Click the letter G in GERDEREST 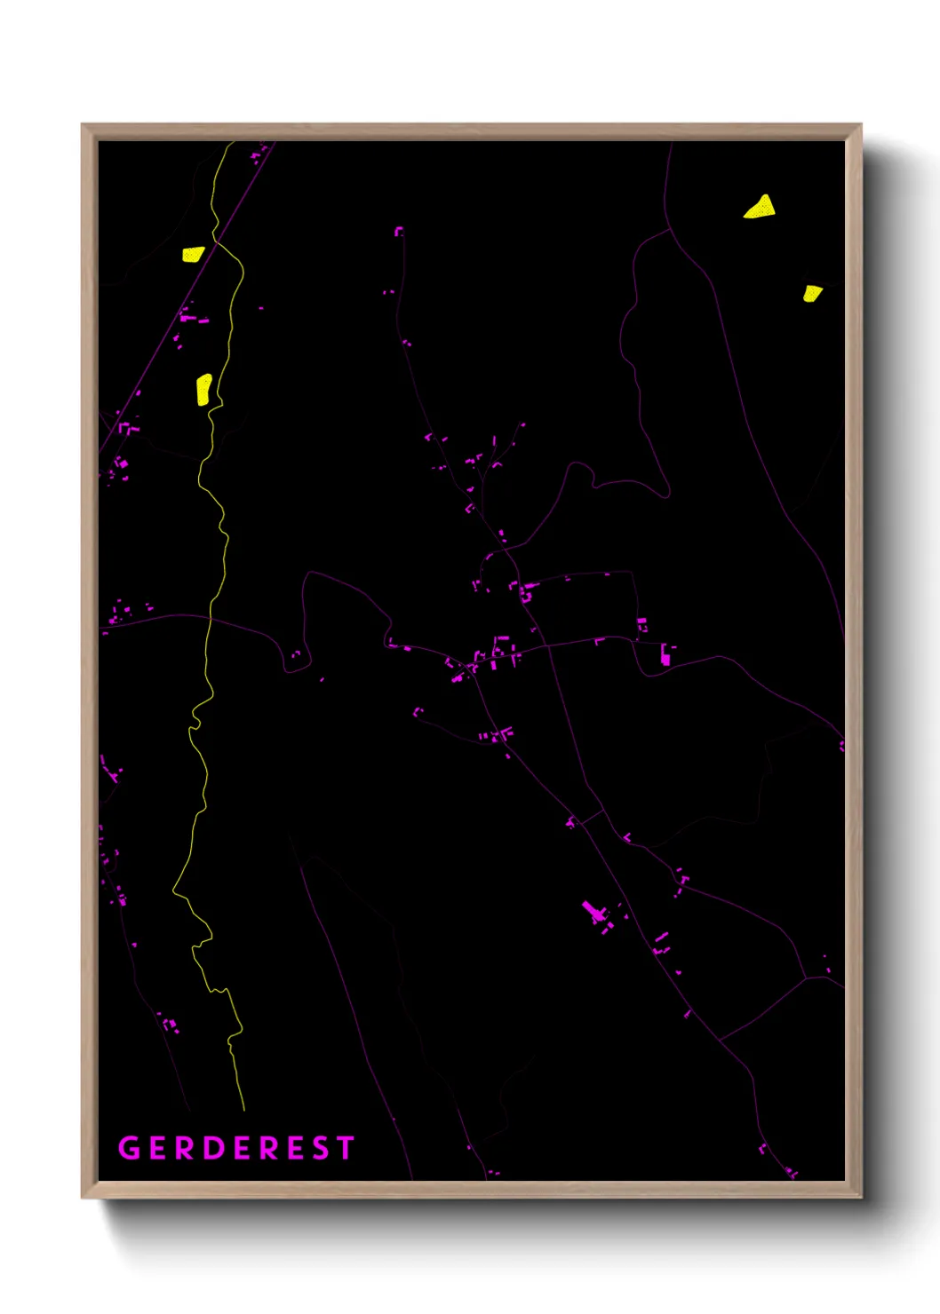(x=130, y=1148)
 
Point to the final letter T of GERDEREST (x=345, y=1148)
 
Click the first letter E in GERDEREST (x=158, y=1148)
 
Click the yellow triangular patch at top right (x=761, y=208)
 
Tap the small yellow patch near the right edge (x=811, y=293)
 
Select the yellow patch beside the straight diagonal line (x=193, y=254)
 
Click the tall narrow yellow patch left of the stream (x=203, y=389)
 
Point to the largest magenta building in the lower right (x=593, y=912)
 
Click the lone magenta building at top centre (x=399, y=231)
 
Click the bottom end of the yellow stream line (x=243, y=1109)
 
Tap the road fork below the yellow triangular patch (x=669, y=229)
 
